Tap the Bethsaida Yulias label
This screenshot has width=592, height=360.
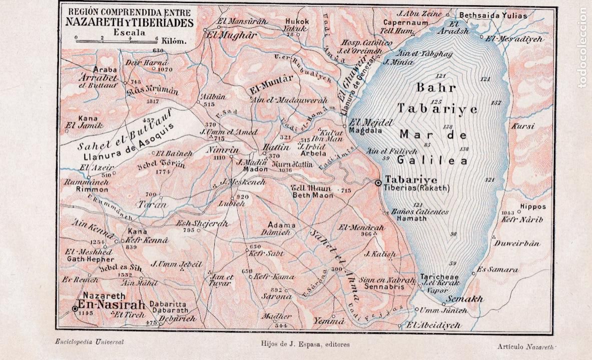493,15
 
